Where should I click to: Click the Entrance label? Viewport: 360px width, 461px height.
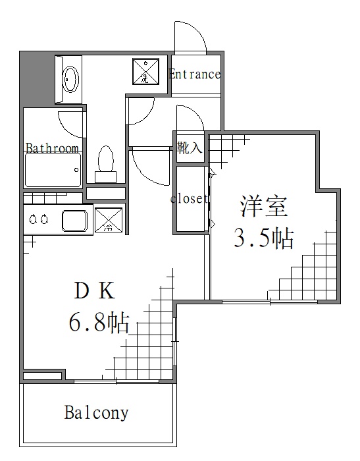194,74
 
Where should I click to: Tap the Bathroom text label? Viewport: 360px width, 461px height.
52,148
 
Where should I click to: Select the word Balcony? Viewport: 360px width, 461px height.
96,414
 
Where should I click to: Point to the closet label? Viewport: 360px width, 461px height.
190,198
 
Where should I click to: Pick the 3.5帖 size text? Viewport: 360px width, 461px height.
263,238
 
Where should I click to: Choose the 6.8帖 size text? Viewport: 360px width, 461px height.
99,323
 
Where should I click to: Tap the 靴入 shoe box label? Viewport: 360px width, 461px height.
190,148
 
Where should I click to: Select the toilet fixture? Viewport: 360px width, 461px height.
105,162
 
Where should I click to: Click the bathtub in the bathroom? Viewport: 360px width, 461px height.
53,171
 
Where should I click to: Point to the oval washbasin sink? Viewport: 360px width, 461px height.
70,80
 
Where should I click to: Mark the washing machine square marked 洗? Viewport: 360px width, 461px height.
145,72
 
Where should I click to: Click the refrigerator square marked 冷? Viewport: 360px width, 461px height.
109,220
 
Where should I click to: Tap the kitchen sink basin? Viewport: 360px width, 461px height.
77,220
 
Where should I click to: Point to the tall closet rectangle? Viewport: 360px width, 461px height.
192,199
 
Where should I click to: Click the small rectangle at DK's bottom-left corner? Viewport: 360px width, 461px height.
43,376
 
